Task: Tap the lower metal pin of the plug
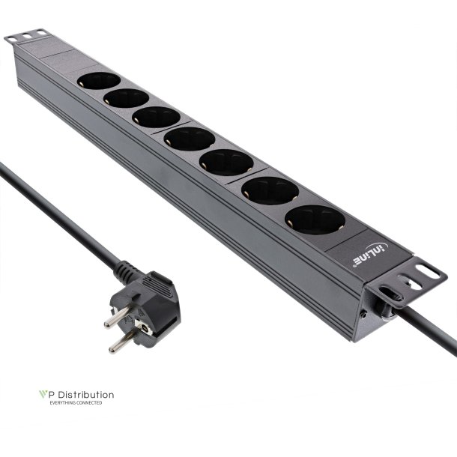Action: [x=119, y=344]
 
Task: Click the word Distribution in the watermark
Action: [x=83, y=395]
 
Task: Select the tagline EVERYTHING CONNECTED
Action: [x=76, y=403]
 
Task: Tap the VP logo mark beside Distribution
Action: [x=42, y=395]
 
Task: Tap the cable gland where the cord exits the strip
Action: [x=390, y=306]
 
